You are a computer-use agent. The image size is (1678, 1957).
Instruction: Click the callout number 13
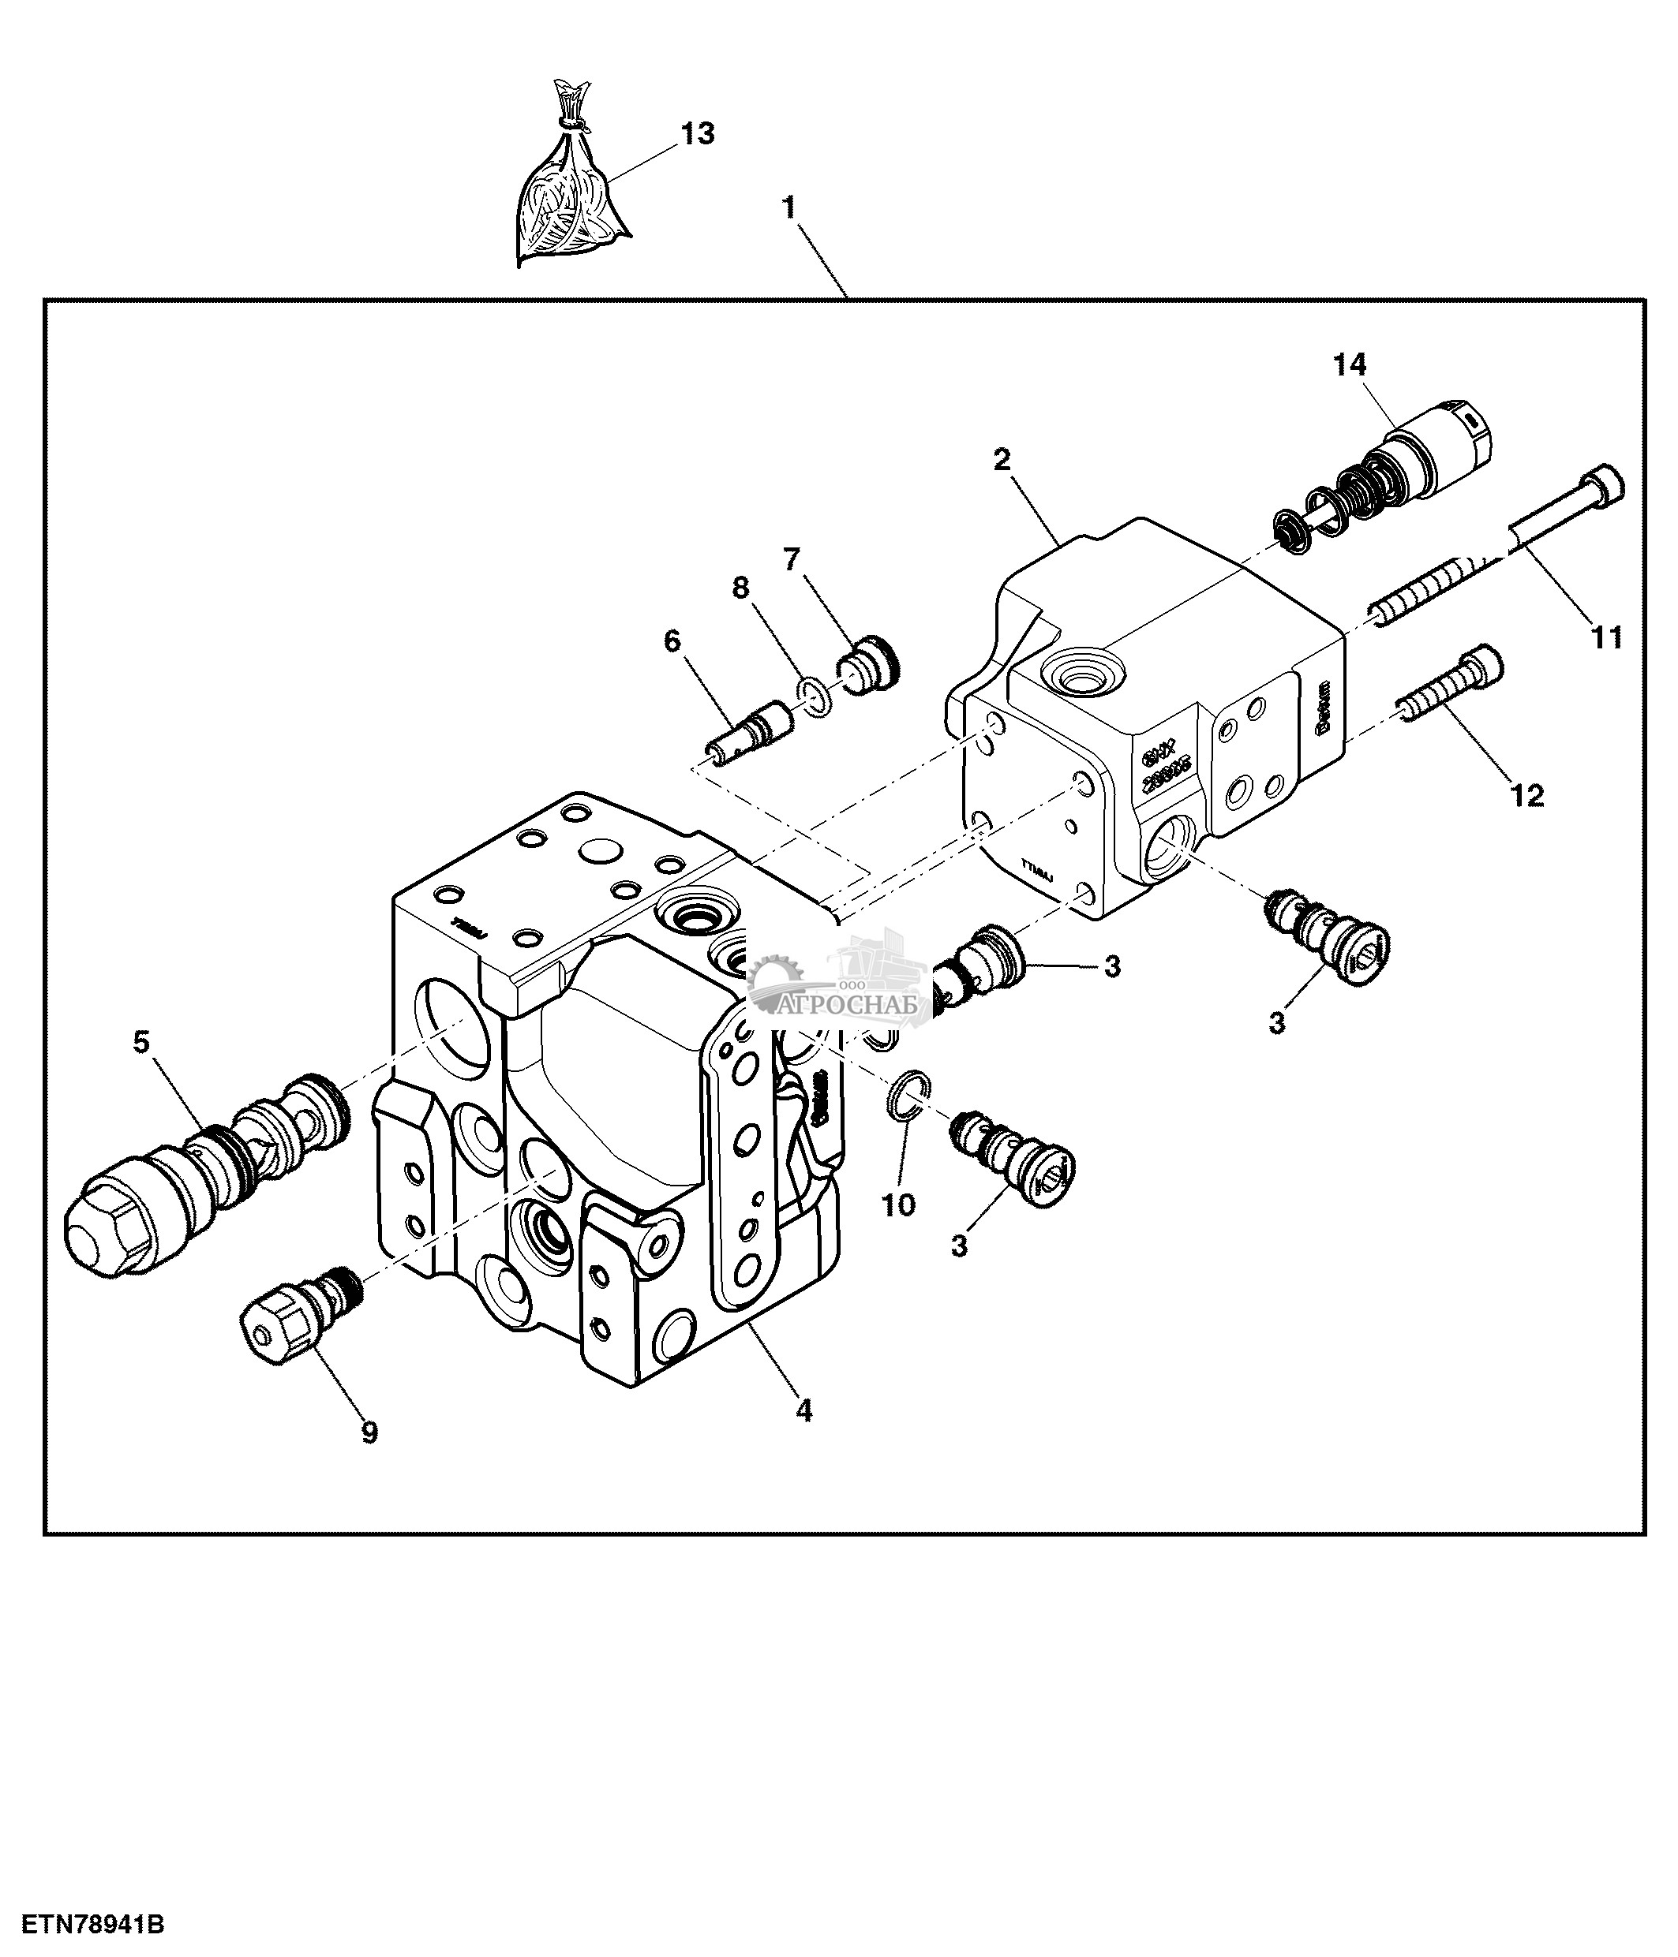699,134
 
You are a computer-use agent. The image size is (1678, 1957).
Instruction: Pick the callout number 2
1002,460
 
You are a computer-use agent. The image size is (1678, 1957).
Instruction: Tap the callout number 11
1606,637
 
